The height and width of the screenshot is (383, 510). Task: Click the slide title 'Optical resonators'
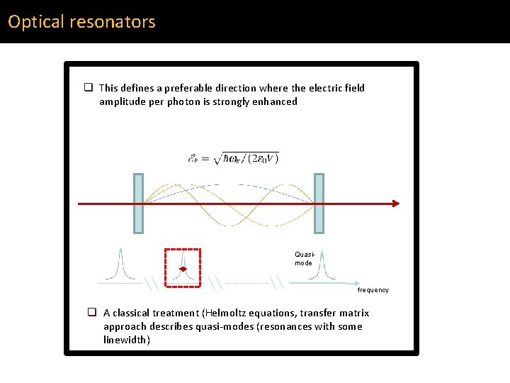click(81, 22)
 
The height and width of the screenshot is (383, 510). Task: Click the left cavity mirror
click(138, 204)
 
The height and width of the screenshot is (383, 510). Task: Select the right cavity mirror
click(319, 204)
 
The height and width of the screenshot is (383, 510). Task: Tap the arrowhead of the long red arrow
click(395, 204)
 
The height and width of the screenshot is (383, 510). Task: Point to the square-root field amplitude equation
click(233, 157)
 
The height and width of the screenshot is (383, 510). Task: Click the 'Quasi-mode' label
click(303, 258)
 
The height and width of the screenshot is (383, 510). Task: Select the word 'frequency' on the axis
click(373, 289)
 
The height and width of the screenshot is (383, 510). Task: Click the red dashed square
click(183, 267)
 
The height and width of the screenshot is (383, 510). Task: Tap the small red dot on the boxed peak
click(182, 270)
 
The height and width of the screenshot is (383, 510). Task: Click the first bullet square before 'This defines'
click(89, 88)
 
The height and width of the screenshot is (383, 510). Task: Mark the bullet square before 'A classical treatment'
click(92, 313)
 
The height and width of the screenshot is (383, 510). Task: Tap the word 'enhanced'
click(273, 101)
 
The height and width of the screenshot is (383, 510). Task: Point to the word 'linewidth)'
click(127, 340)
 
